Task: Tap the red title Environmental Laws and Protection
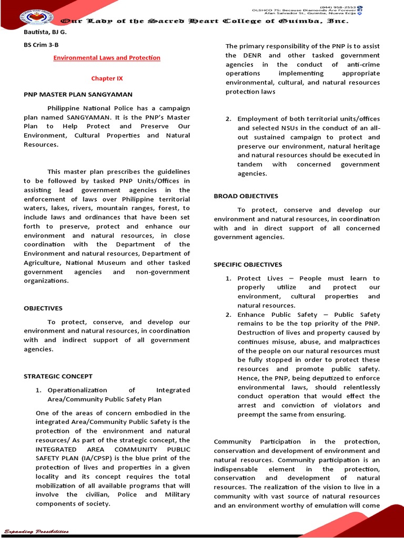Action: coord(107,58)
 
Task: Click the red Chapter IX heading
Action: coord(107,78)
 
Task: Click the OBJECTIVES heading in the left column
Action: coord(43,308)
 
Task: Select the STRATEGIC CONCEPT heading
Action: coord(58,376)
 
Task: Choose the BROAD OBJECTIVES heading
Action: coord(246,196)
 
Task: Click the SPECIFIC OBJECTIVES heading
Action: coord(248,264)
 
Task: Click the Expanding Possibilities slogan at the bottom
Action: coord(36,531)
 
